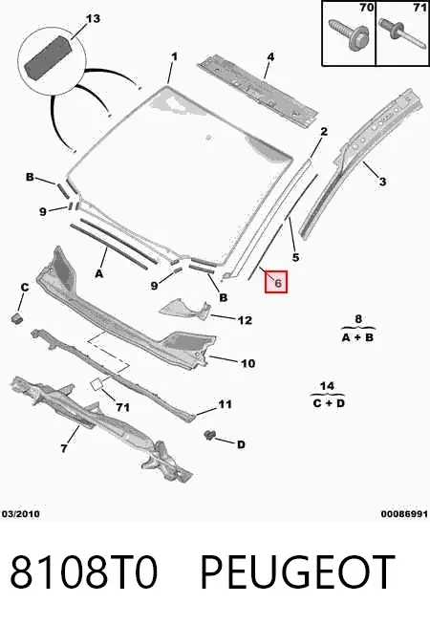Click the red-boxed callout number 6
[x=276, y=282]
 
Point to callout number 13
[x=93, y=18]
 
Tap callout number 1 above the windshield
[x=174, y=57]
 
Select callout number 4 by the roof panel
[x=270, y=57]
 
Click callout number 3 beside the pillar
[x=382, y=182]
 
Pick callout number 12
[x=245, y=320]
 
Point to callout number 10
[x=247, y=363]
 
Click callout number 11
[x=225, y=404]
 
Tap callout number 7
[x=64, y=448]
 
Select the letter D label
[x=241, y=444]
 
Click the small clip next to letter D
[x=208, y=435]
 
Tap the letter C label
[x=25, y=288]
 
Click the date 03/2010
[x=21, y=514]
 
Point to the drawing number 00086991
[x=404, y=514]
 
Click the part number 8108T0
[x=84, y=572]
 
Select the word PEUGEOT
[x=297, y=572]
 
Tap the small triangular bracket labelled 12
[x=185, y=310]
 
